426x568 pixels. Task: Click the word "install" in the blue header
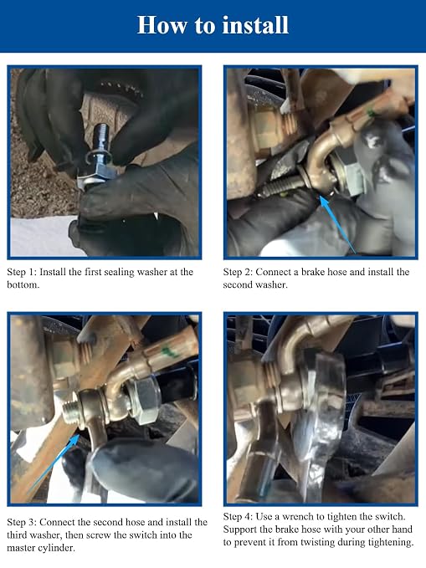pos(255,24)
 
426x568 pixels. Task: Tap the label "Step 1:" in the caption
pos(22,272)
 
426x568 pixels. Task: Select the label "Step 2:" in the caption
pos(238,272)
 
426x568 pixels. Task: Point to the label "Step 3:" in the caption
pos(22,522)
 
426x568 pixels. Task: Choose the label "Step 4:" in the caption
pos(238,517)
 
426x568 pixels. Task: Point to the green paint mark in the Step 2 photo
pos(372,114)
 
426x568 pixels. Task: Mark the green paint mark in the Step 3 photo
pos(168,351)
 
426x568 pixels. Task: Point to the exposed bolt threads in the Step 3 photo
pos(69,412)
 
